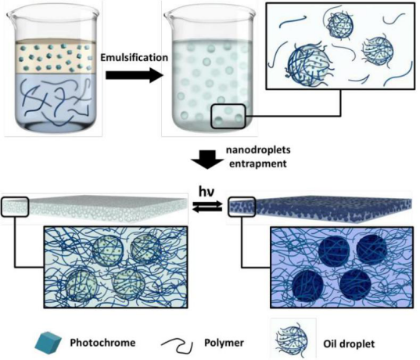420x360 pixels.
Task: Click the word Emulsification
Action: [x=135, y=58]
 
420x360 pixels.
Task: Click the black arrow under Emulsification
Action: [x=135, y=75]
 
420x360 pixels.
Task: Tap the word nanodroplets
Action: [x=258, y=149]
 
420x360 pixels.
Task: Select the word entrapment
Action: [x=258, y=164]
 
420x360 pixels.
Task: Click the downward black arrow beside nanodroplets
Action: [x=207, y=160]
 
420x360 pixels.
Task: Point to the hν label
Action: [x=206, y=192]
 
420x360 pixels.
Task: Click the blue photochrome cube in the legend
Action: [x=48, y=343]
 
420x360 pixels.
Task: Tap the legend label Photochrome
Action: [x=102, y=343]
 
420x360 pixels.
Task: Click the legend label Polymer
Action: [x=224, y=343]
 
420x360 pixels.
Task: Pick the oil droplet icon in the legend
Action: [x=293, y=340]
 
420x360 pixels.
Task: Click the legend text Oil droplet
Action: [x=349, y=344]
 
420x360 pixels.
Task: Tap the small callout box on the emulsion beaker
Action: [x=228, y=117]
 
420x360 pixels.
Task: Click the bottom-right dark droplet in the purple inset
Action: [x=355, y=284]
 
